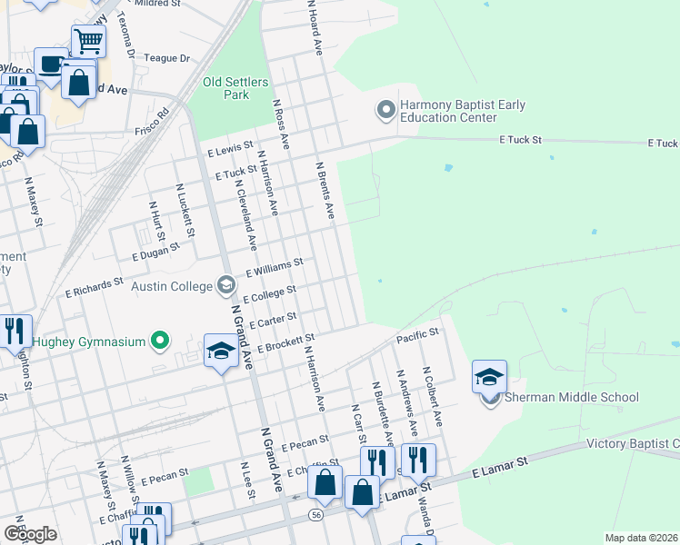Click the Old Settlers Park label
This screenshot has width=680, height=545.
(235, 88)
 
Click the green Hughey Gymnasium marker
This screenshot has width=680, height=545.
(160, 342)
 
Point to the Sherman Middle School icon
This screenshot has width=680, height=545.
(489, 377)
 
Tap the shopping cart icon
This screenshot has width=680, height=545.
(88, 40)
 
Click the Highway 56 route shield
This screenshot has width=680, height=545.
(314, 512)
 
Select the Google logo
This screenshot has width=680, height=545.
(30, 533)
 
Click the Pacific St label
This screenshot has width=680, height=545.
(417, 336)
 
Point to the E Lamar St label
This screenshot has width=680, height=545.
(499, 467)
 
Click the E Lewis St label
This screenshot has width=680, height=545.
(229, 150)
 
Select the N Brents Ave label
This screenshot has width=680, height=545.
(325, 191)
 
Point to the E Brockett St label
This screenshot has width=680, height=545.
(285, 342)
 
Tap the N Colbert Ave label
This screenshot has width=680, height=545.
(431, 397)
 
